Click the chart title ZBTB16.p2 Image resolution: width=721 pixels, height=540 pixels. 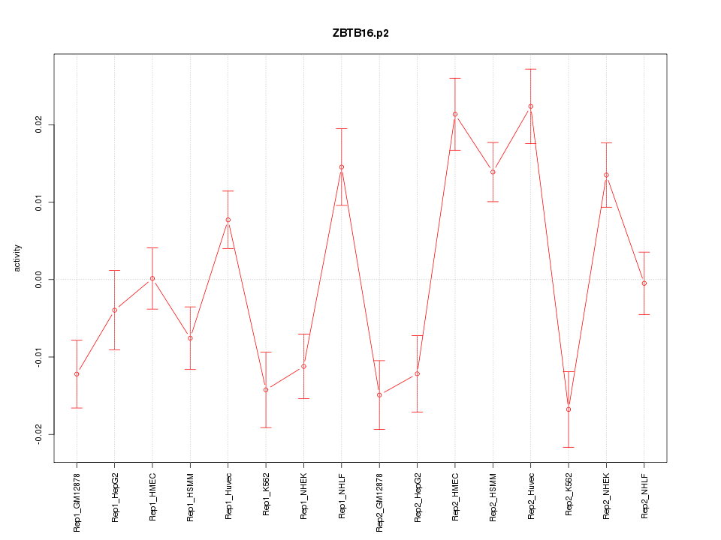coord(360,34)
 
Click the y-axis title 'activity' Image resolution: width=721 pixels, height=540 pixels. coord(18,258)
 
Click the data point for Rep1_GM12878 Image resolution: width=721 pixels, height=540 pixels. coord(77,374)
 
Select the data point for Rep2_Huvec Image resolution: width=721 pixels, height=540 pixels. coord(530,106)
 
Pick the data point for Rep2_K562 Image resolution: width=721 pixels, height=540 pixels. coord(569,409)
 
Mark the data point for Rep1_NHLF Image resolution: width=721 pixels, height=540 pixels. coord(342,167)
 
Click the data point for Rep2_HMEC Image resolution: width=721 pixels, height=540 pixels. coord(455,114)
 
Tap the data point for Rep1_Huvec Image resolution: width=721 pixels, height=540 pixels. coord(228,220)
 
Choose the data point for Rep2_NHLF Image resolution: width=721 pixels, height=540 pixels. coord(644,283)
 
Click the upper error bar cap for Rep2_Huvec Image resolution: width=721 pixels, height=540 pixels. coord(530,69)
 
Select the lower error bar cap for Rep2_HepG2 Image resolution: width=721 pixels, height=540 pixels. coord(418,412)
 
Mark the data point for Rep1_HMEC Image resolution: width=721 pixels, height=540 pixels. coord(152,278)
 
